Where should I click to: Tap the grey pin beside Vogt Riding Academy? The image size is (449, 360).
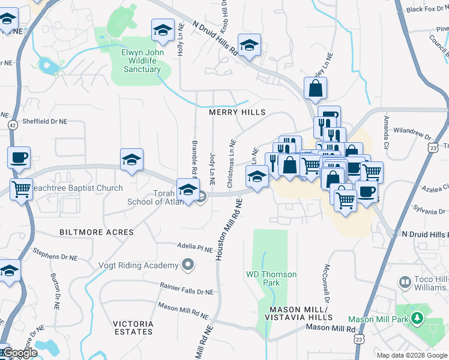tap(188, 265)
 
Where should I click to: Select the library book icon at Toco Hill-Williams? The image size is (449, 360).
tap(405, 281)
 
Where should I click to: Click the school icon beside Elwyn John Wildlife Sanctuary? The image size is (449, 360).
tap(162, 29)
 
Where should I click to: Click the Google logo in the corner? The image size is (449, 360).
tap(19, 353)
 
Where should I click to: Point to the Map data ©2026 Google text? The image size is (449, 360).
tap(411, 355)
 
